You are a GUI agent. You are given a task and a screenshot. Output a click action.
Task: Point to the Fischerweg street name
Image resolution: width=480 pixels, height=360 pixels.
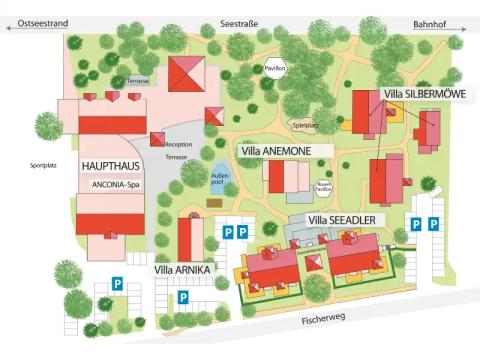pos(326,321)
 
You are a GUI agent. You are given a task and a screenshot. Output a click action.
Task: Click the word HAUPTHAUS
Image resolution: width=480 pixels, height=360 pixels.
pos(111,165)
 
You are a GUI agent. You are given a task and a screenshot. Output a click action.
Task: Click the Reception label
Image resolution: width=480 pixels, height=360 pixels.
pos(178,144)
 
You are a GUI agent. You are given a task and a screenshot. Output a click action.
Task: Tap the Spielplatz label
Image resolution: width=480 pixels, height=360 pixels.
pos(305,126)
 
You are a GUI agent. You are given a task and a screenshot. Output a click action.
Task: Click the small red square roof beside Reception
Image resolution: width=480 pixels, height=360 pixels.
pos(157,139)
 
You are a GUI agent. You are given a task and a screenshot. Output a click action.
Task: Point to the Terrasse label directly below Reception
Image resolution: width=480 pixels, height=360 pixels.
pos(176,157)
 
